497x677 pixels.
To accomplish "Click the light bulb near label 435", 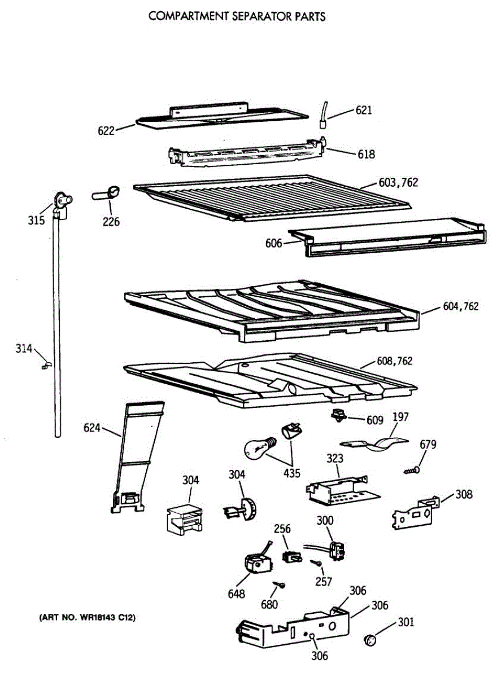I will pyautogui.click(x=257, y=449).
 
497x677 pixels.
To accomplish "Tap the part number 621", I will pyautogui.click(x=364, y=111).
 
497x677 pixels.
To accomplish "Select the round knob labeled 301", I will pyautogui.click(x=370, y=639).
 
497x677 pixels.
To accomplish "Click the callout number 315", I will pyautogui.click(x=36, y=220).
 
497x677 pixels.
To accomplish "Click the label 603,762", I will pyautogui.click(x=398, y=183).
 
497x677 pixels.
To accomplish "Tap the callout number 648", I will pyautogui.click(x=237, y=594).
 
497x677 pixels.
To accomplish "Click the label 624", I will pyautogui.click(x=92, y=428).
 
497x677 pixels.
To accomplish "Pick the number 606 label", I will pyautogui.click(x=274, y=243).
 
